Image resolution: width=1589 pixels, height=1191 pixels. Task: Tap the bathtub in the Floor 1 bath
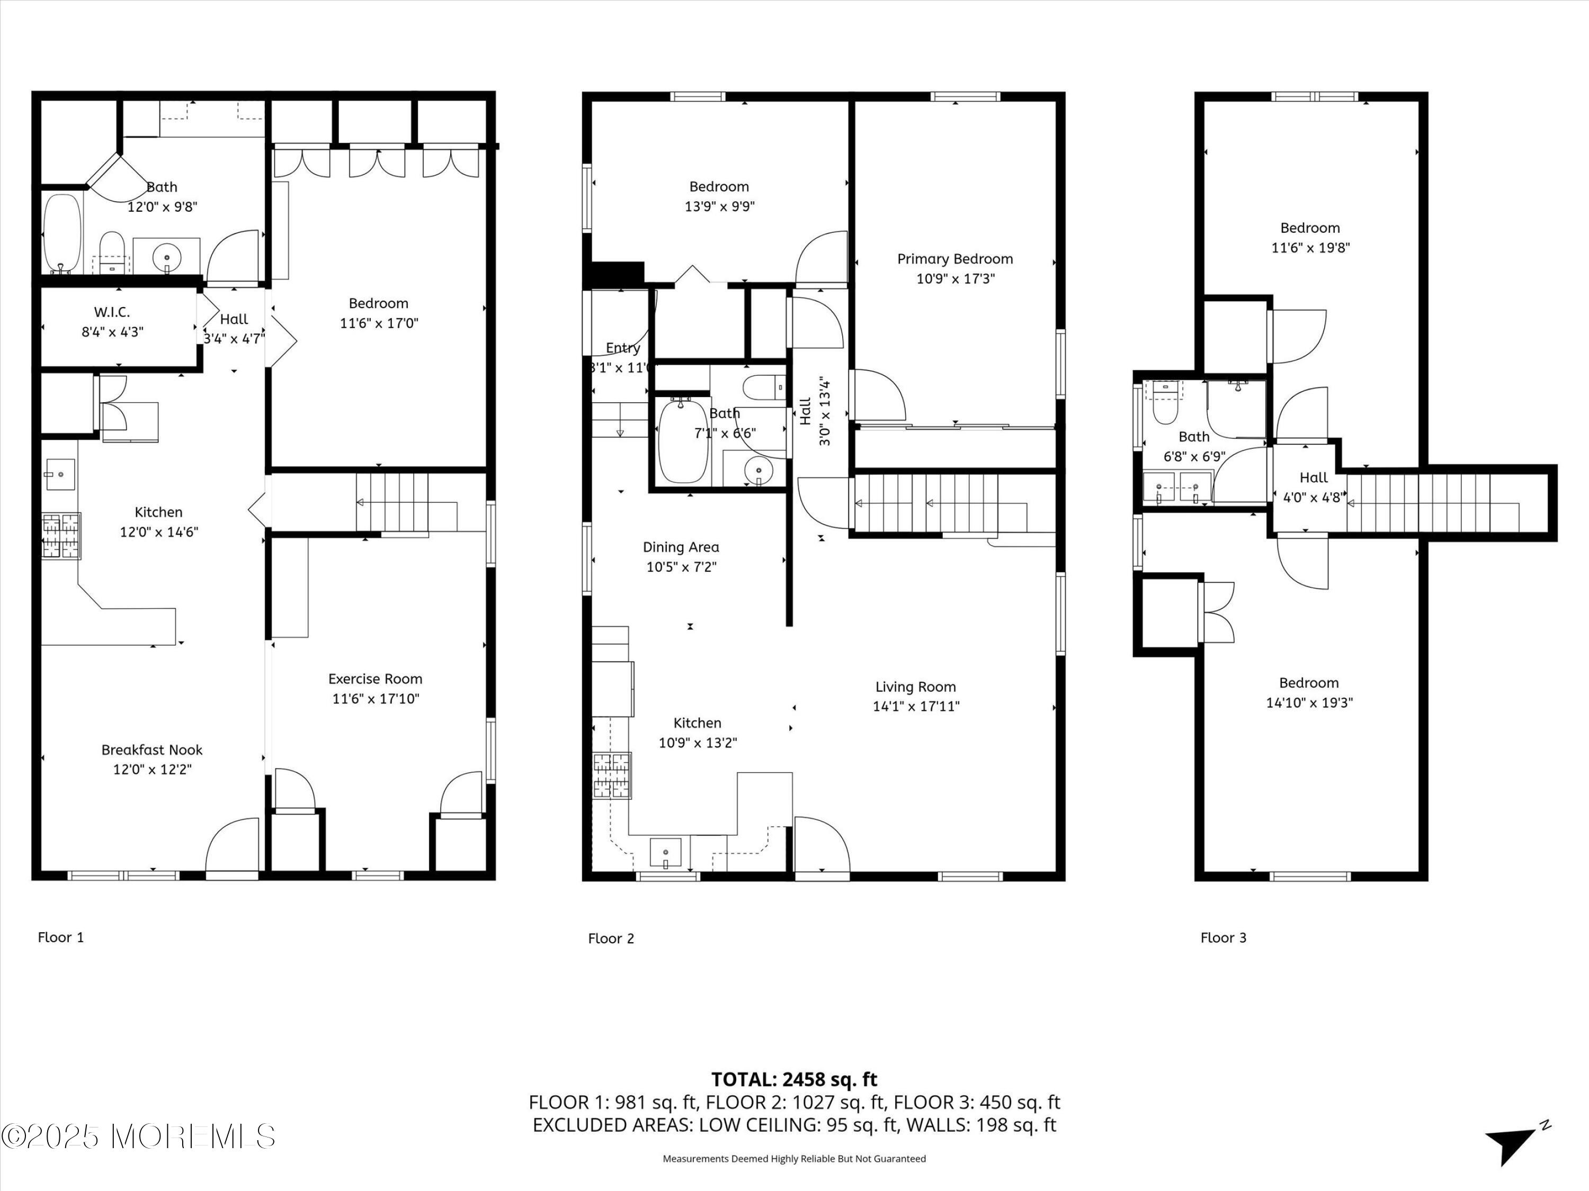coord(62,232)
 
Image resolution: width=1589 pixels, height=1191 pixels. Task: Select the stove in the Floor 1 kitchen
coord(61,536)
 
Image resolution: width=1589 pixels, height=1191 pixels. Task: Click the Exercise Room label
coord(375,679)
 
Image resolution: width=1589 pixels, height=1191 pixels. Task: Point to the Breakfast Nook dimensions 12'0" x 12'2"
coord(153,770)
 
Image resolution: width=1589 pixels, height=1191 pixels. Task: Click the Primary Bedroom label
coord(954,259)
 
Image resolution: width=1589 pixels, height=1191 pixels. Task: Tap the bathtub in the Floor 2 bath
coord(682,441)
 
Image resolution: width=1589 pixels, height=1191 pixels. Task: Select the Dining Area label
coord(680,547)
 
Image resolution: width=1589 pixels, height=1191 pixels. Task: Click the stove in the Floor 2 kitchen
coord(612,776)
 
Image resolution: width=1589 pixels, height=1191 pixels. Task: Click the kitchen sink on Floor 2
coord(666,853)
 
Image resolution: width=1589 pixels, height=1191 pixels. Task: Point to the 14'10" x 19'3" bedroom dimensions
coord(1309,703)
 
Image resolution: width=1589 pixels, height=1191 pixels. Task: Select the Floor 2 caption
coord(611,939)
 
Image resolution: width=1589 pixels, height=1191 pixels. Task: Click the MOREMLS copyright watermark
coord(138,1136)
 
